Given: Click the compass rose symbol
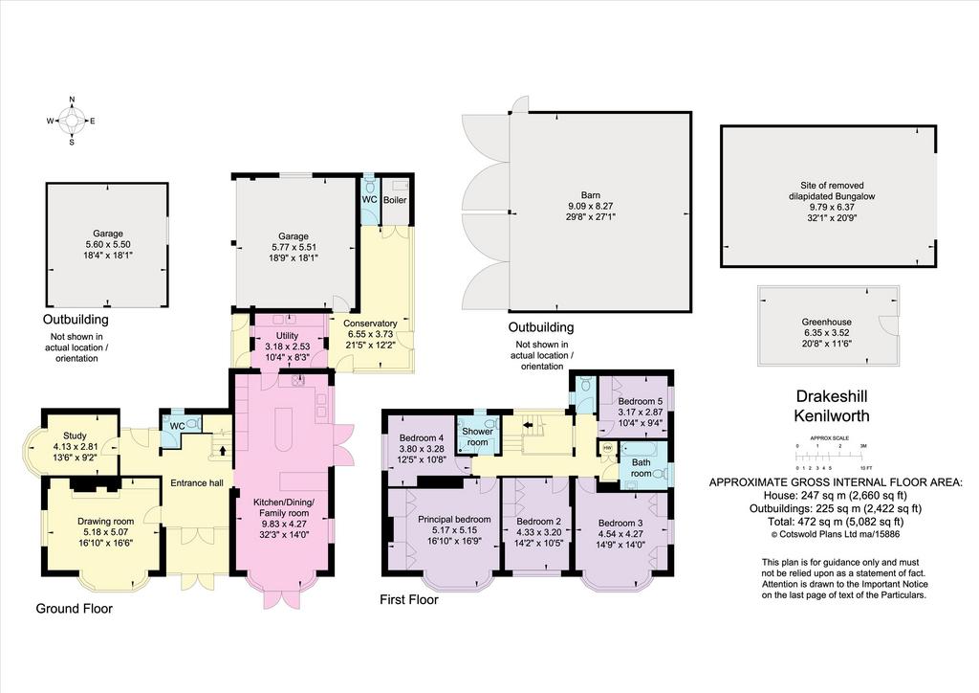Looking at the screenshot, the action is coord(72,121).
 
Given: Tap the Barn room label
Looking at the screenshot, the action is coord(591,195).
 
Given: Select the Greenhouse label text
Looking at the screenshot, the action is coord(827,322).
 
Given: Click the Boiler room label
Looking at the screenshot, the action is coord(395,200).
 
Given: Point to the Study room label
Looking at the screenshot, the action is coord(75,436).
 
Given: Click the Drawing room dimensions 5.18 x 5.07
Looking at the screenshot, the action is coord(105,532).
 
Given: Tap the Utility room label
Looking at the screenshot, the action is coord(287,336).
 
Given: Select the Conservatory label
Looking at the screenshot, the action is coord(370,324).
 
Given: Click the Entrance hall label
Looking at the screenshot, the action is coord(197,482).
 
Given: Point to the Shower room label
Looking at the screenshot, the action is coord(478,436).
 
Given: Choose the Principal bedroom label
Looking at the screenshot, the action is coord(454,520).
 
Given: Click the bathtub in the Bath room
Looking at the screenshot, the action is coord(643,449).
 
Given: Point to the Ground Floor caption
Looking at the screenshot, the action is coord(75,609).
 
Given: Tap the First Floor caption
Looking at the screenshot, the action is coord(409,600).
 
